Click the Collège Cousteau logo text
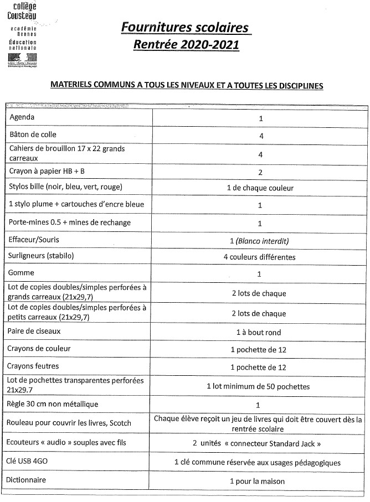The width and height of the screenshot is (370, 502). [22, 11]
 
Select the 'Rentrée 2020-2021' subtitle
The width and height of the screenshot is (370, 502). [186, 45]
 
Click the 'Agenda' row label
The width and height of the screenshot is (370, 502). [22, 117]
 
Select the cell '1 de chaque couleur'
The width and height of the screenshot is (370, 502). [260, 188]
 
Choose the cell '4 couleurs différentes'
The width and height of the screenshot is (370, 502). [259, 257]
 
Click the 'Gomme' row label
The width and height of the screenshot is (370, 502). [22, 273]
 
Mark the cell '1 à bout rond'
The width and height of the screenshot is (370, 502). [259, 333]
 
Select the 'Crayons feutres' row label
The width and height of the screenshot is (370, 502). [33, 366]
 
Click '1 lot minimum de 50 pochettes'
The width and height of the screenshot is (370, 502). [258, 386]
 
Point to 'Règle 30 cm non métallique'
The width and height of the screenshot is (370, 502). [54, 404]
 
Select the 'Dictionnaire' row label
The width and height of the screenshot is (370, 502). [27, 480]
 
